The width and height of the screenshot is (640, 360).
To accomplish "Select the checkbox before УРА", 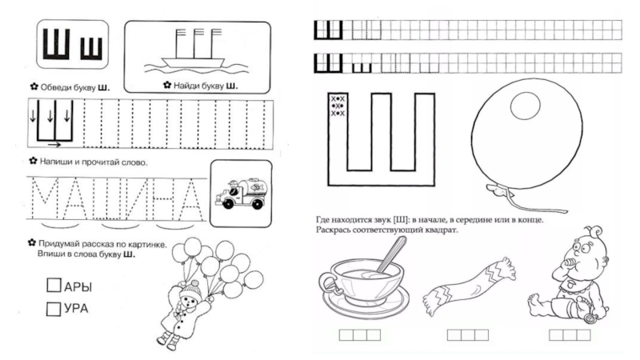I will pyautogui.click(x=54, y=308).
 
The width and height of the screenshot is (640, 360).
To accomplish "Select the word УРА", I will pyautogui.click(x=78, y=308).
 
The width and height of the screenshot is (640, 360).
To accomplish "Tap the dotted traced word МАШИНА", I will pyautogui.click(x=112, y=197).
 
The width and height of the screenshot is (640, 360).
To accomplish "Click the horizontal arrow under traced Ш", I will pyautogui.click(x=54, y=145).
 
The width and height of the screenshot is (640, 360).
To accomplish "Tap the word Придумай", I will pyautogui.click(x=57, y=244).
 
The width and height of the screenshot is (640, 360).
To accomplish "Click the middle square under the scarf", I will pyautogui.click(x=468, y=334).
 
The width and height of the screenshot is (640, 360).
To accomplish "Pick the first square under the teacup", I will pyautogui.click(x=346, y=334).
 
